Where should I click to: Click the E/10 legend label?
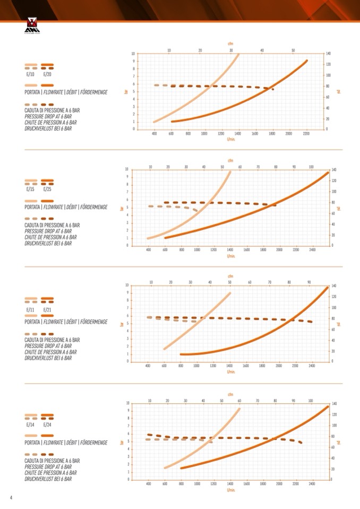tap(30, 74)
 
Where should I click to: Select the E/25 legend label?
tap(47, 189)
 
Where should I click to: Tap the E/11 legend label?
tap(30, 309)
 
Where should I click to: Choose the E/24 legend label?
tap(47, 425)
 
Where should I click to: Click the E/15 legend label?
tap(30, 189)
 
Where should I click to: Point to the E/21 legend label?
tap(47, 309)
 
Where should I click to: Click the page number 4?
tap(11, 497)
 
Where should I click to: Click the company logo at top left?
tap(32, 25)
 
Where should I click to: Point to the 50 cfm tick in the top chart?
tap(293, 50)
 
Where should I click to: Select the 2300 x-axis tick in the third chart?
tap(295, 366)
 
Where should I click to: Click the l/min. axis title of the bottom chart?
tap(230, 490)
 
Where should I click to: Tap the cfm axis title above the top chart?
tap(230, 44)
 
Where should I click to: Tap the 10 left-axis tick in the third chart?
tap(126, 285)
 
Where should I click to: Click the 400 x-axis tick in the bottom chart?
tap(149, 484)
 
